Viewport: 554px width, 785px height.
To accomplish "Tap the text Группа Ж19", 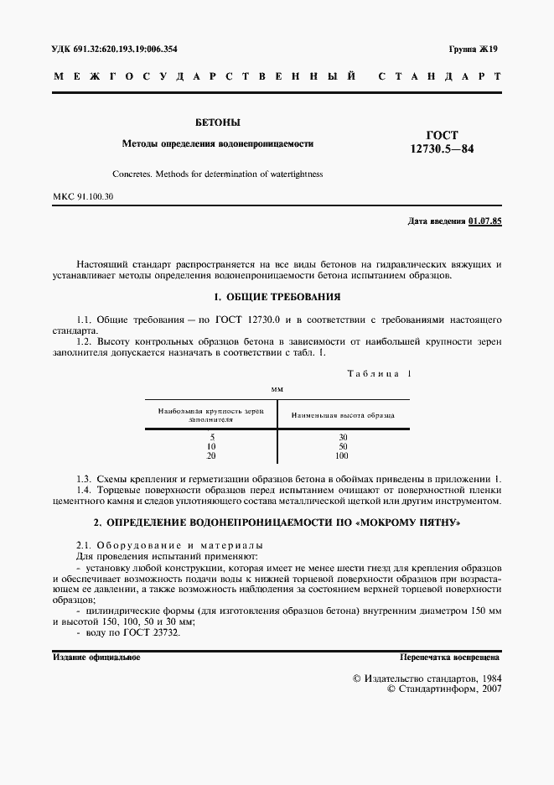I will (473, 49).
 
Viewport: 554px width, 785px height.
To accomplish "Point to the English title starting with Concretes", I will (217, 174).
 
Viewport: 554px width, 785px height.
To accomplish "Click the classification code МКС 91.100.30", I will (83, 196).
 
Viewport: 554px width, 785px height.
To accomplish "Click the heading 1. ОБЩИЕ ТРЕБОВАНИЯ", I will (277, 297).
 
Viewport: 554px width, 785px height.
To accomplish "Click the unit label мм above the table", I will (277, 389).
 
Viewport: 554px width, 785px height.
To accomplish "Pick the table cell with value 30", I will (343, 438).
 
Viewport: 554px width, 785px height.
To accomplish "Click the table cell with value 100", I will (342, 455).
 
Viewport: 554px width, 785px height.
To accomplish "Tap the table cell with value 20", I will (211, 455).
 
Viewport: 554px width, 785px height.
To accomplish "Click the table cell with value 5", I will (213, 438).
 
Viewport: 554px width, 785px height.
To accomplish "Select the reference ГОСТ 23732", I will (155, 632).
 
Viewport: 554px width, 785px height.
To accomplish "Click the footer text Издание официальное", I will (96, 658).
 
